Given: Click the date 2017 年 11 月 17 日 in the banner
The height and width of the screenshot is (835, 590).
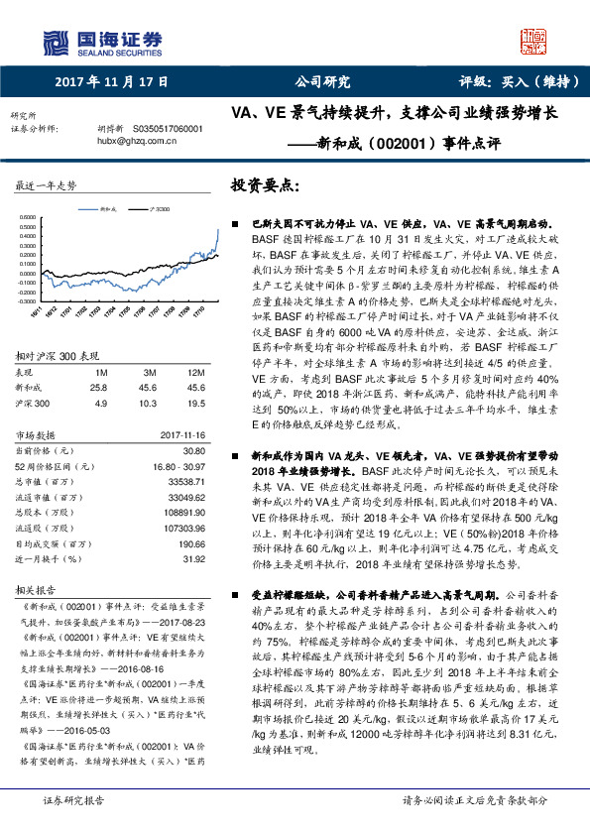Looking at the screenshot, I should tap(112, 83).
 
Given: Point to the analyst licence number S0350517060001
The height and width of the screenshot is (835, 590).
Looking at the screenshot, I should tap(167, 129).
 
